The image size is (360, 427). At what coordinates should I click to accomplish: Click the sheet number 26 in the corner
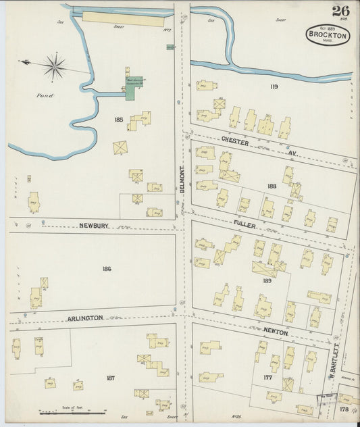coord(340,11)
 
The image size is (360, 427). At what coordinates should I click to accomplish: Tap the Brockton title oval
coord(328,35)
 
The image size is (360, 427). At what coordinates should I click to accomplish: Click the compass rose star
coord(54,66)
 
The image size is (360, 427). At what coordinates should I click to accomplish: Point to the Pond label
coord(45,95)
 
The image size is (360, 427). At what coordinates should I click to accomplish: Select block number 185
coord(119,120)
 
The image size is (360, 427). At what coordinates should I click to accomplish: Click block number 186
coord(107,269)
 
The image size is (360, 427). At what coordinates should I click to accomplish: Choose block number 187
coord(110,378)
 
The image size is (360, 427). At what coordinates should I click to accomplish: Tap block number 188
coord(272,186)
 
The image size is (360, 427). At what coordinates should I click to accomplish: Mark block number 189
coord(266,280)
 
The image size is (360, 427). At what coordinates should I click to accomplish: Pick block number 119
coord(273,87)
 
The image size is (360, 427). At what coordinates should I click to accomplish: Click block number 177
coord(267,378)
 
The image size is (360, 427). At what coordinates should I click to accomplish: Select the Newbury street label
coord(94,226)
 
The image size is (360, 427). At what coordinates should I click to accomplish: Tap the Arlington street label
coord(85,317)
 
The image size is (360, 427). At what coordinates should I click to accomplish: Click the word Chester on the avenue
coord(236,143)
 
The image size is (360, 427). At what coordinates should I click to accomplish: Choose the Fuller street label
coord(245,224)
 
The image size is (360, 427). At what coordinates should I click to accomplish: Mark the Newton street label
coord(275,332)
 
